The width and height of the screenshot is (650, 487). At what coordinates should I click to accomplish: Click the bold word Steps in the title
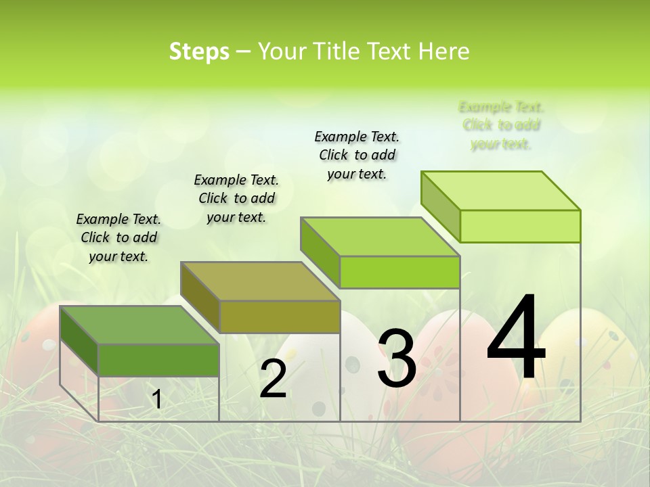coord(199,51)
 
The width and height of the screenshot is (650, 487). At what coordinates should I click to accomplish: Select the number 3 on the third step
coord(397,358)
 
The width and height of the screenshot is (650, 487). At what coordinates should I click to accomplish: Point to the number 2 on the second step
coord(273,379)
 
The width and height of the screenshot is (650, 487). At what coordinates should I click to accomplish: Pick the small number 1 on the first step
coord(156,400)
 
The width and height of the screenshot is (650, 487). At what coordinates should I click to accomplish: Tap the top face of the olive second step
coord(260,281)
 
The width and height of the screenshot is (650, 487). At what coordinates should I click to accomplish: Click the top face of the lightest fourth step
coord(501,191)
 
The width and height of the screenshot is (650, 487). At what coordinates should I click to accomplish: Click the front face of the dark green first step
coord(158,360)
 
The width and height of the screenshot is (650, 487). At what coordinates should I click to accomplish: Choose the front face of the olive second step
coord(279,317)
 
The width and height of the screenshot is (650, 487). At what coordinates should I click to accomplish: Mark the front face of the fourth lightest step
coord(520,226)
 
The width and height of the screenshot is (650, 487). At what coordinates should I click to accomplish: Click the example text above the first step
coord(118,237)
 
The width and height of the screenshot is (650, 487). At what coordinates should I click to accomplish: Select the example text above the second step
coord(236,198)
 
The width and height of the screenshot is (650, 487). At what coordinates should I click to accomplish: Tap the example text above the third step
coord(357,155)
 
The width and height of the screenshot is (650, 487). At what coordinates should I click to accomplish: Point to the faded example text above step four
coord(501,125)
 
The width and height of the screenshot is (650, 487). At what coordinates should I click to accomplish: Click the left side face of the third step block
coord(320,254)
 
